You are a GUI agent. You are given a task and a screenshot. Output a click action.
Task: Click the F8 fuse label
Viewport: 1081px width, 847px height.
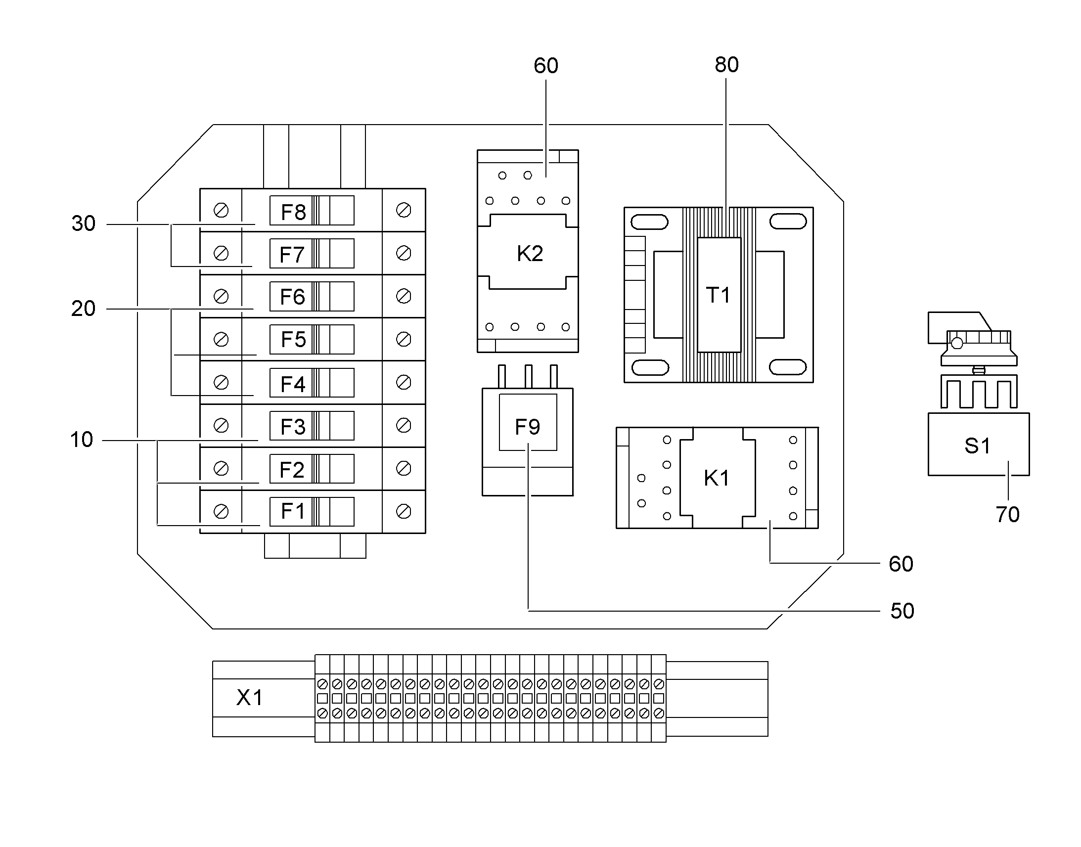(293, 212)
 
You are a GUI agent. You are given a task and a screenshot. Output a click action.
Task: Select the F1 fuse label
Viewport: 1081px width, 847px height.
(293, 511)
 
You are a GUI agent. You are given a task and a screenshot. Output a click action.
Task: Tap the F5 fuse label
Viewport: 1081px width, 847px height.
(293, 340)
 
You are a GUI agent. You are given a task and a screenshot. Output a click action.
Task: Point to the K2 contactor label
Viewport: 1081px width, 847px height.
(530, 253)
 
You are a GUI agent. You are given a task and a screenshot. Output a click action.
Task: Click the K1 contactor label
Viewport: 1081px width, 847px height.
(717, 478)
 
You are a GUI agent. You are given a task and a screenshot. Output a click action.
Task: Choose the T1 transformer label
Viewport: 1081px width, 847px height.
(718, 295)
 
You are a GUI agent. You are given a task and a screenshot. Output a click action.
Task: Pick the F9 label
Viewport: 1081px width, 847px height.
(527, 427)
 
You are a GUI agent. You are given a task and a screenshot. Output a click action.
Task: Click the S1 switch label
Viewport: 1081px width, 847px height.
(977, 446)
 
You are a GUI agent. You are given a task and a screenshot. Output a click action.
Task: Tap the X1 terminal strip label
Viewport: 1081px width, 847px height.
(249, 698)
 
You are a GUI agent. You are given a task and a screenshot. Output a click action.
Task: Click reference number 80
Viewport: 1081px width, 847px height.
(726, 64)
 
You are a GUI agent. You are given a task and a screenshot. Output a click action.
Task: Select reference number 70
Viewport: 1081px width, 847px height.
(1008, 514)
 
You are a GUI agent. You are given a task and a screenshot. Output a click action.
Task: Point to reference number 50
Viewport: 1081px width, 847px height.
(902, 611)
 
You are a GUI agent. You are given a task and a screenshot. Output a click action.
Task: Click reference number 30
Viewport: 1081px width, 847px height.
(83, 223)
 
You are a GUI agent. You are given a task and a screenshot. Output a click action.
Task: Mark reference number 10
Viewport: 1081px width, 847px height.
(81, 440)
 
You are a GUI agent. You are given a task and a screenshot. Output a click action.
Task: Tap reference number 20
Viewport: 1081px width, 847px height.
(83, 309)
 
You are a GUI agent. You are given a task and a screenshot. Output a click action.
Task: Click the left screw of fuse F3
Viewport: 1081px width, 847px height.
(221, 426)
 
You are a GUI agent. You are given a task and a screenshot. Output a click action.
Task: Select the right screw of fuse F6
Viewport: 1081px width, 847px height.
(404, 296)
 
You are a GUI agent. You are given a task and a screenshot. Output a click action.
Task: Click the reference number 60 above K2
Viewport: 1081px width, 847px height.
(546, 65)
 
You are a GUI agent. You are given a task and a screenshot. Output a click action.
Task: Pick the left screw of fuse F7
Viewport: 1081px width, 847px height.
(221, 253)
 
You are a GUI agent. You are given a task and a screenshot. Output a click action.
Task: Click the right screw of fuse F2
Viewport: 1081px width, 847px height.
(404, 468)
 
